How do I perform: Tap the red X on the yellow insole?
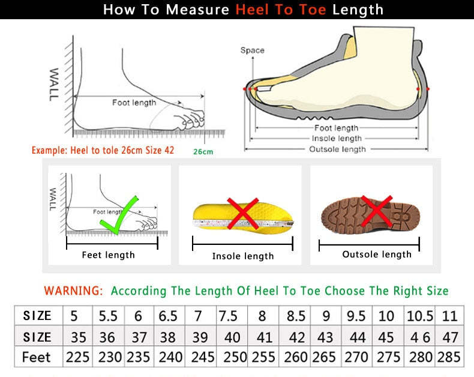242,213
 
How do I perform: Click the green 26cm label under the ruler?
203,151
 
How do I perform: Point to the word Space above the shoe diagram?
252,50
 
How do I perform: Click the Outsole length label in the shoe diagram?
337,149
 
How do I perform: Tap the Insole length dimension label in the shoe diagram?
337,139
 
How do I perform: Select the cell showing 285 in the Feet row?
450,357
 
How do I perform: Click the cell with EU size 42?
296,337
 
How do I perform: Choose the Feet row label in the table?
37,357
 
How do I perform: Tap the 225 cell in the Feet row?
77,357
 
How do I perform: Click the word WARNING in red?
73,291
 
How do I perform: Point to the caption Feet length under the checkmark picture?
108,255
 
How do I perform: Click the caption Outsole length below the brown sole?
377,255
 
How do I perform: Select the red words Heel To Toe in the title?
281,10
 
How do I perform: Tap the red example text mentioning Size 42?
103,150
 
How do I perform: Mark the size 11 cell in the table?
450,316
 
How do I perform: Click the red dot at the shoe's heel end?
427,89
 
